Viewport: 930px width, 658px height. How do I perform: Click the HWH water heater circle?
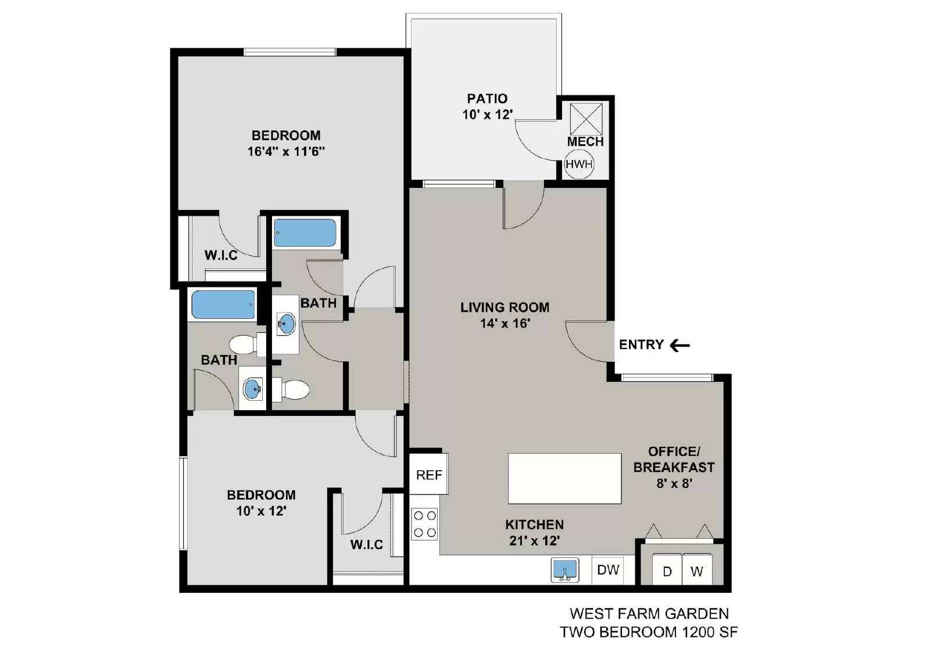point(579,164)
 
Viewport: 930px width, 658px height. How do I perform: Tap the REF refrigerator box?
point(429,475)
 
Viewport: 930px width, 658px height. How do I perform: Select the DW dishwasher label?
point(608,570)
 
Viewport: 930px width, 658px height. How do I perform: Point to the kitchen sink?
point(564,570)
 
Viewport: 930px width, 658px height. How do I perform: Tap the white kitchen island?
point(564,478)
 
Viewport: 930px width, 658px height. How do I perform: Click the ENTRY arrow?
point(679,345)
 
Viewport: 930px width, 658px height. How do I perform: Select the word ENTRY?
point(641,344)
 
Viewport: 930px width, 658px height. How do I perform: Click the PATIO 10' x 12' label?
point(487,106)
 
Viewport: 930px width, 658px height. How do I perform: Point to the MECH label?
point(585,141)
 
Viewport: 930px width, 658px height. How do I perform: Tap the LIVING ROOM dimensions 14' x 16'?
point(505,323)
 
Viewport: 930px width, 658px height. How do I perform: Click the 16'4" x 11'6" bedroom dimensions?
point(286,152)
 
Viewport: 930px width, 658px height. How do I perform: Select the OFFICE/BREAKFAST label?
point(674,459)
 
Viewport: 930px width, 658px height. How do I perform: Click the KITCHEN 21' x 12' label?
point(534,532)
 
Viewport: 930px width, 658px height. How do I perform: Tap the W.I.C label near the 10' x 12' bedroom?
point(366,545)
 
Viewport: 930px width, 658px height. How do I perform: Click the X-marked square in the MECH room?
point(585,119)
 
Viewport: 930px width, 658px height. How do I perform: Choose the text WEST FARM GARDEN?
point(649,613)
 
